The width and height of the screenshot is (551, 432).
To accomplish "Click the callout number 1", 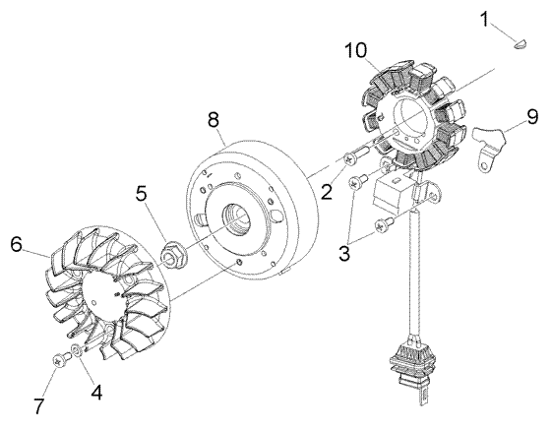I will click(512, 18).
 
